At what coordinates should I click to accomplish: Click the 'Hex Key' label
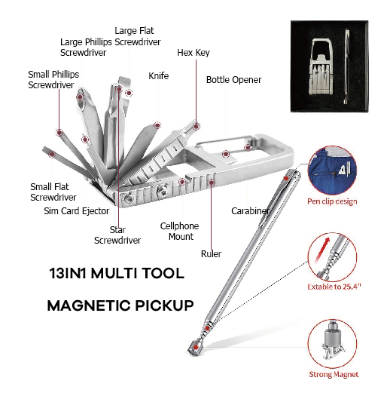click(x=193, y=53)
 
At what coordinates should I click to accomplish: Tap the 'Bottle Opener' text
click(x=233, y=80)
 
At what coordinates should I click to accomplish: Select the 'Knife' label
click(x=159, y=76)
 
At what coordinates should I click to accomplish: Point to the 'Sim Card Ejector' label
click(x=77, y=211)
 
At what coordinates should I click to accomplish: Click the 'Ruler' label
click(x=211, y=254)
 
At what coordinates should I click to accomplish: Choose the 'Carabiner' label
click(x=251, y=211)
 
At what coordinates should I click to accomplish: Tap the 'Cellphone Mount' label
click(x=180, y=231)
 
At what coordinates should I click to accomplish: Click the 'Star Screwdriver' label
click(x=117, y=235)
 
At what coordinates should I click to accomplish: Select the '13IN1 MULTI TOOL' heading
click(x=117, y=273)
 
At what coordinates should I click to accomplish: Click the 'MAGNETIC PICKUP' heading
click(x=120, y=305)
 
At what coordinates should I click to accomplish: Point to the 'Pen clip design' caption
click(x=332, y=201)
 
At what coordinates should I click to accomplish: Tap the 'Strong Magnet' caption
click(x=334, y=374)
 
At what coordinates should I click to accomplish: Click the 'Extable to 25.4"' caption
click(x=334, y=287)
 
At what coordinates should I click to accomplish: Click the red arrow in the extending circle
click(x=322, y=250)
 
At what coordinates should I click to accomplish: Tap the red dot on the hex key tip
click(x=196, y=126)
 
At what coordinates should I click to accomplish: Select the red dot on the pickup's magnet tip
click(x=196, y=347)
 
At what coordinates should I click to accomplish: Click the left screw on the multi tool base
click(x=129, y=198)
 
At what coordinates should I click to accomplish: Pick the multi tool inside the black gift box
click(x=321, y=66)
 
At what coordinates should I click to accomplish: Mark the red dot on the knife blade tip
click(x=157, y=125)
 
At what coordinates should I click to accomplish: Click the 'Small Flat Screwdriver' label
click(x=53, y=192)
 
